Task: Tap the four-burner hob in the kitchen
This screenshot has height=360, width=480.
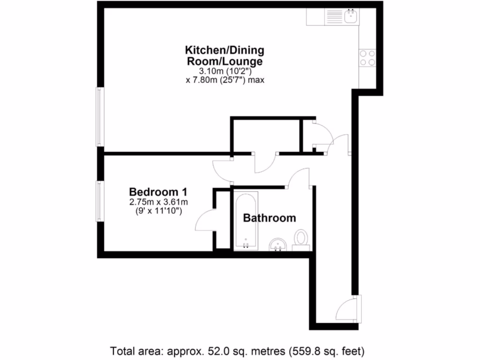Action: click(367, 57)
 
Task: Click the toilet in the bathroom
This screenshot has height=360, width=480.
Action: click(300, 239)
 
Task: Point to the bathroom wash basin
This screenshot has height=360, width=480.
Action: click(278, 245)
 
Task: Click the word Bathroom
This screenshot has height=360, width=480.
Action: click(269, 218)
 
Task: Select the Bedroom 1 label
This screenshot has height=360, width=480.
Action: click(158, 192)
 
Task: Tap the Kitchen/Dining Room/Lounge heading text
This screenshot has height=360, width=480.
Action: click(225, 55)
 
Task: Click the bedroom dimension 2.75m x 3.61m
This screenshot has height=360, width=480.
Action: click(158, 202)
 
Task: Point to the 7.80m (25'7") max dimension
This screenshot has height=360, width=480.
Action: click(225, 80)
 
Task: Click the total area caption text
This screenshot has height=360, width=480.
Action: click(237, 350)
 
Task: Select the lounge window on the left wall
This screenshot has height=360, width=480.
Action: click(100, 116)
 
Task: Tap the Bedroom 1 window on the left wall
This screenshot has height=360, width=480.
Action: click(100, 201)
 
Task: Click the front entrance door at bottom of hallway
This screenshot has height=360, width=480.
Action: click(348, 307)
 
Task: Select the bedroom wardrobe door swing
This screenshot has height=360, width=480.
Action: click(204, 220)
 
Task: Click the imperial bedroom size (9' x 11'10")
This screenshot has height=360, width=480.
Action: click(158, 211)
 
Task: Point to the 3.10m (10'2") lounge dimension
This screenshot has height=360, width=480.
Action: click(225, 71)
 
